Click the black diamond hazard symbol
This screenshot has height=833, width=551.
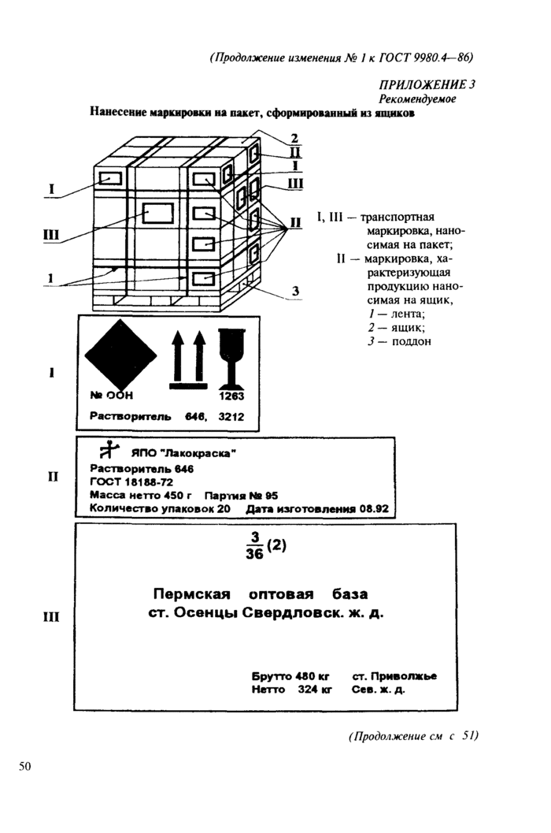[121, 355]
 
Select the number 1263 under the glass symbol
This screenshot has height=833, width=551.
[231, 396]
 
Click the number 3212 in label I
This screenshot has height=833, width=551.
[231, 417]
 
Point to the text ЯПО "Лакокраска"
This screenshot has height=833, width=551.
[183, 453]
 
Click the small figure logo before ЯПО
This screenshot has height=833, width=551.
[109, 450]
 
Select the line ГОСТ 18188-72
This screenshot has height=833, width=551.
[131, 482]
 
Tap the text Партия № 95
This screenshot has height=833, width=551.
[241, 496]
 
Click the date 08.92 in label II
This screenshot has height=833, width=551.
[374, 509]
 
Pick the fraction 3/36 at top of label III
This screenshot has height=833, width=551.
[255, 545]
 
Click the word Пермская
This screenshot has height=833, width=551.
[191, 594]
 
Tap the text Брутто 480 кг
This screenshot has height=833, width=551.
[290, 676]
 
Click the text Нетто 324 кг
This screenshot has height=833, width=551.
[291, 690]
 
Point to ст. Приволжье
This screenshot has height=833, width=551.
[394, 676]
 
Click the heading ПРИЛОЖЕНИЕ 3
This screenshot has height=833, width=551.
[427, 85]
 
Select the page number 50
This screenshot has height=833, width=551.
[25, 766]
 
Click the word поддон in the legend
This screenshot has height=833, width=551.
[412, 341]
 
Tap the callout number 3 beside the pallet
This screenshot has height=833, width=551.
[296, 291]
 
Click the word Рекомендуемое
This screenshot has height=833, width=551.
[416, 99]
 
